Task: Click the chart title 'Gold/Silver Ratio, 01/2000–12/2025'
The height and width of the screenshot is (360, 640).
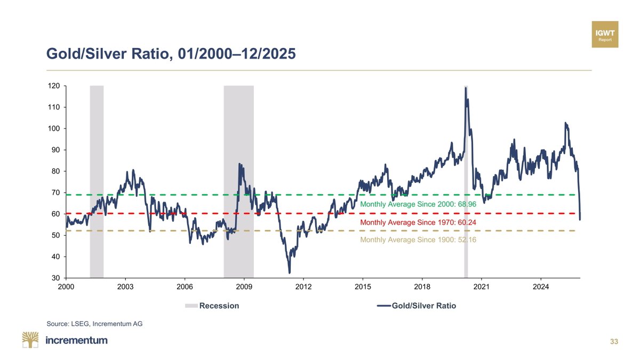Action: click(171, 54)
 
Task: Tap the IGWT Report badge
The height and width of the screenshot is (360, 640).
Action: click(605, 35)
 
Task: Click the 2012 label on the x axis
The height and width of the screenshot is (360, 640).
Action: click(303, 287)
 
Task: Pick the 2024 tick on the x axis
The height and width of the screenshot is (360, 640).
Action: click(541, 287)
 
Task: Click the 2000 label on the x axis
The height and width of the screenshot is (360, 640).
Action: click(66, 287)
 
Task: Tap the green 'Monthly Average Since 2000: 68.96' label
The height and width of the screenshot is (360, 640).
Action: click(418, 204)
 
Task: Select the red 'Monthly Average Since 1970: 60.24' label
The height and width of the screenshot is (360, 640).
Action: click(418, 222)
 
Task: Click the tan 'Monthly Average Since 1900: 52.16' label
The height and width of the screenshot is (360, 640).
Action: click(418, 240)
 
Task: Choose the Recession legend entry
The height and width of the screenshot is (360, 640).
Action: click(212, 306)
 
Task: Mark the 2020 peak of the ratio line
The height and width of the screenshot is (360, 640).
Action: click(466, 88)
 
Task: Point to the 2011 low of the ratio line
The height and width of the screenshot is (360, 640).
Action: click(290, 273)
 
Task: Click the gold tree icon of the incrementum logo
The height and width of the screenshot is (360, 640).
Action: click(30, 340)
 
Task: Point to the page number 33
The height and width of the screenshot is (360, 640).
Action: click(614, 341)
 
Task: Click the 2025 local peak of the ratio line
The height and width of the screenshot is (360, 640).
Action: click(565, 123)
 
